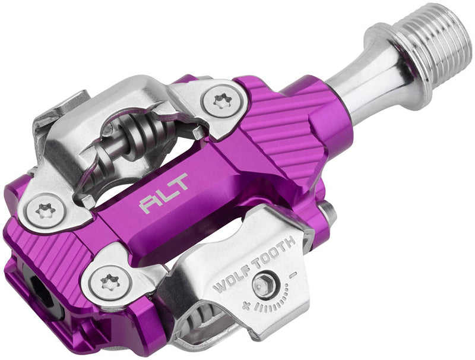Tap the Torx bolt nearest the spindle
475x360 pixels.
click(x=221, y=102)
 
